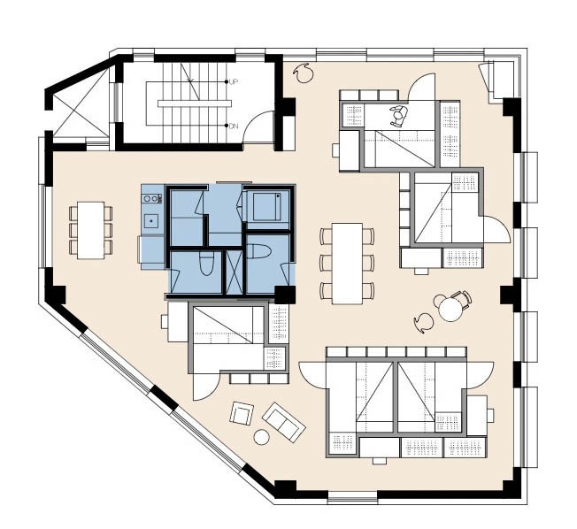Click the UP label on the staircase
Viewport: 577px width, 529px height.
(233, 82)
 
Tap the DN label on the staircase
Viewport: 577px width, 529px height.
(234, 126)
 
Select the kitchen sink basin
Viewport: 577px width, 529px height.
(150, 221)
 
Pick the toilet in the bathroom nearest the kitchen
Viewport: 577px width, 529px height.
(205, 263)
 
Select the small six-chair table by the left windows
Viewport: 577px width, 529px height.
(90, 230)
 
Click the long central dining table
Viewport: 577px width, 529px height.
(347, 264)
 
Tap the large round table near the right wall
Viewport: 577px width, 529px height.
(450, 309)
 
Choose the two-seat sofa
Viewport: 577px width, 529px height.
(284, 422)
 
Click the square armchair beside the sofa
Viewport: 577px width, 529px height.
(242, 413)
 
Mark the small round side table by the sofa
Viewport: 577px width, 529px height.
(261, 437)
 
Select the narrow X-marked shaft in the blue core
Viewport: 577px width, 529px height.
(234, 272)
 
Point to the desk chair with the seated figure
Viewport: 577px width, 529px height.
(399, 116)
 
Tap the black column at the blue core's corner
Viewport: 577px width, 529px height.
(285, 295)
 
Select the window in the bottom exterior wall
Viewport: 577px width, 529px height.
(352, 497)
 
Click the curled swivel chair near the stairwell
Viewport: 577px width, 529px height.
(304, 73)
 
